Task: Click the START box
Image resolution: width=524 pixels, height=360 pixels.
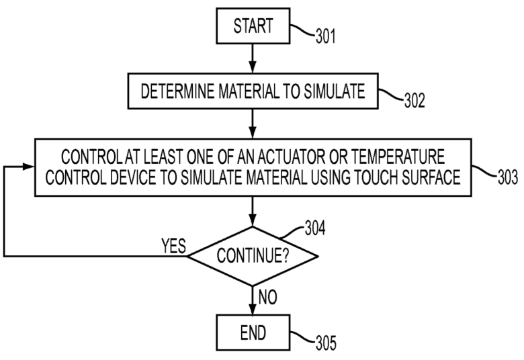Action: click(x=253, y=27)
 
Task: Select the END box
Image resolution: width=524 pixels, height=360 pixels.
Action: click(x=253, y=332)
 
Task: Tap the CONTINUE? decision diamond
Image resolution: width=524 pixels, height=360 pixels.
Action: click(x=252, y=256)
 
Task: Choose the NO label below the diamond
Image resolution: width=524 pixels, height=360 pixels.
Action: click(x=268, y=296)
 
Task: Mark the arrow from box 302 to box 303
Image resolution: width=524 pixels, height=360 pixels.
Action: click(x=253, y=122)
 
